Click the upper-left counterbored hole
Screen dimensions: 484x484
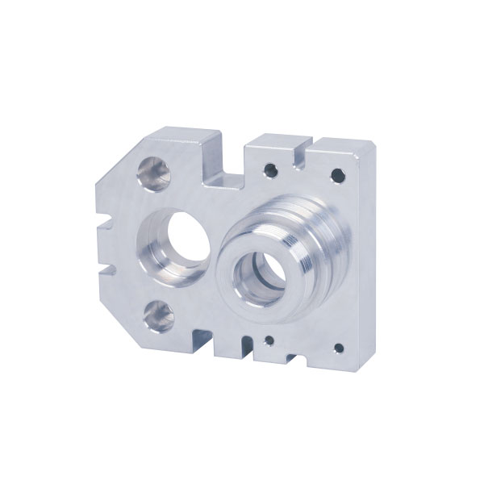tap(154, 173)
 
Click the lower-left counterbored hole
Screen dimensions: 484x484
tap(158, 315)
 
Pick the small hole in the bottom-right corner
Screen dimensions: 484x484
tap(338, 348)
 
